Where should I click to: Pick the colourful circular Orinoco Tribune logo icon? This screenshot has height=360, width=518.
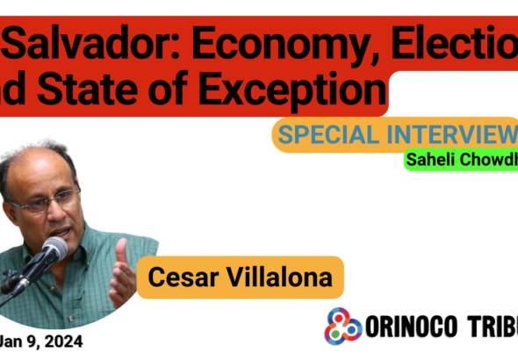344,325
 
